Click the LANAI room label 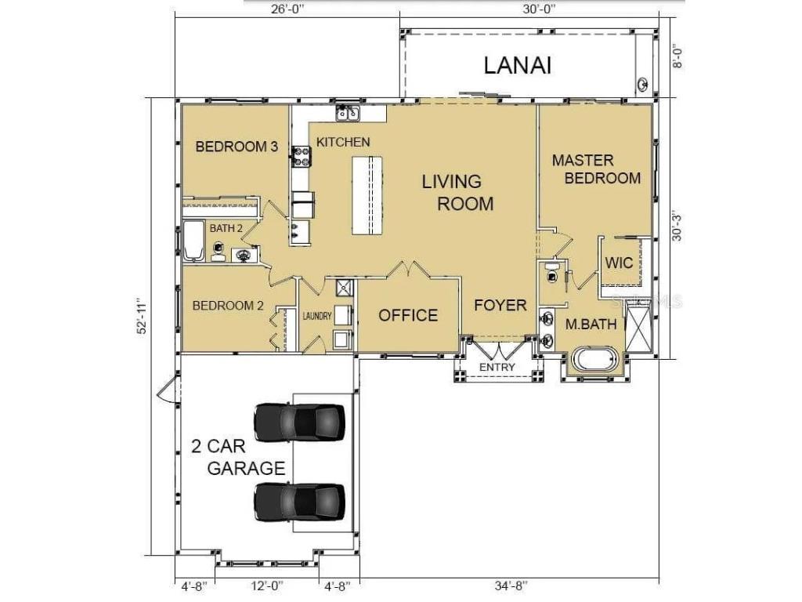click(x=518, y=66)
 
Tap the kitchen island click(x=367, y=195)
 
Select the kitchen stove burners click(x=302, y=157)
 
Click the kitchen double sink click(x=348, y=113)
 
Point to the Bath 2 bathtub click(x=193, y=241)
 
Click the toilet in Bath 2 click(x=219, y=252)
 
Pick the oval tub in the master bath click(x=594, y=359)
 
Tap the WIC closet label click(x=619, y=263)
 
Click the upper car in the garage click(x=300, y=422)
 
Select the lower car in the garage click(x=300, y=502)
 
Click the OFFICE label click(x=408, y=315)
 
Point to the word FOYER click(x=500, y=306)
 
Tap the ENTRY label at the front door click(x=497, y=367)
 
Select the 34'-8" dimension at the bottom click(x=511, y=585)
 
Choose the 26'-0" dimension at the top click(x=287, y=9)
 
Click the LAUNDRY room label click(x=317, y=317)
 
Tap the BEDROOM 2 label click(x=228, y=306)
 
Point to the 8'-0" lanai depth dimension click(x=677, y=57)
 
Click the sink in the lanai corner click(x=643, y=84)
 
